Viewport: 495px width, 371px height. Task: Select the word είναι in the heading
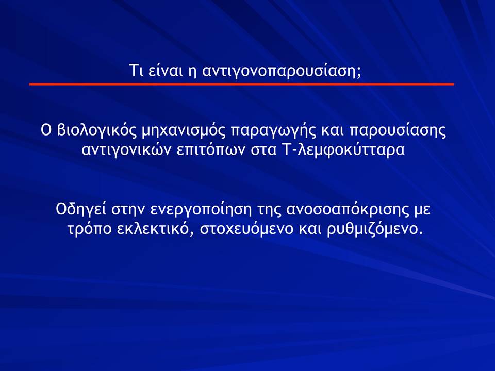pos(164,70)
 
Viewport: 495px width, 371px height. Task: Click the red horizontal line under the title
pos(241,84)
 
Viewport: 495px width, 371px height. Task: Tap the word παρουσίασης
pos(398,131)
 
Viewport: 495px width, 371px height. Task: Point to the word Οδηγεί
pos(81,210)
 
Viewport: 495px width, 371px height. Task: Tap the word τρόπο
pos(90,229)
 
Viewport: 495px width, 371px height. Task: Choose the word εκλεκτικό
pos(155,228)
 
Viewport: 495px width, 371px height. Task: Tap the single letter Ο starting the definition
pos(46,130)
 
